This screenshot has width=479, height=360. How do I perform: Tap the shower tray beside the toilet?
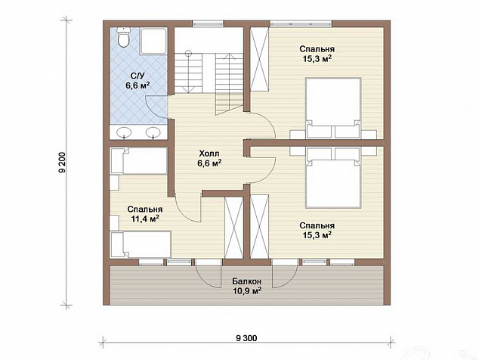coord(154,41)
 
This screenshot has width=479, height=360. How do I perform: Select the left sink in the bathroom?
coord(124,132)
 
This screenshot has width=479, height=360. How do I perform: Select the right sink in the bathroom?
coord(153,132)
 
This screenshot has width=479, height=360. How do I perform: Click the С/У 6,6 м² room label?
coord(138,80)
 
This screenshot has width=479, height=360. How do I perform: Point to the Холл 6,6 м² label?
coord(209,158)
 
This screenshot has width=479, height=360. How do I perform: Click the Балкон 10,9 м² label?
coord(246,286)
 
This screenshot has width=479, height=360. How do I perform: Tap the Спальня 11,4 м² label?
coord(145,214)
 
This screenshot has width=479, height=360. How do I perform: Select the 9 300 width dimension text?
coord(246,338)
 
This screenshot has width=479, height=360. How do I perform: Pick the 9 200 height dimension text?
coord(63,163)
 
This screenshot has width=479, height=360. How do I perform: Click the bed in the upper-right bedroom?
coord(333,108)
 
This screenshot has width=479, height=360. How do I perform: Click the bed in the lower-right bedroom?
coord(333,178)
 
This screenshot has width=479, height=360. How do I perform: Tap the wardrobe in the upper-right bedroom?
coord(259,59)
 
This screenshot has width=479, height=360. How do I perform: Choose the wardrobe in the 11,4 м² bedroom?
coord(233,227)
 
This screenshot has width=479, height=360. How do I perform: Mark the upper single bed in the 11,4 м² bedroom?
coord(139,161)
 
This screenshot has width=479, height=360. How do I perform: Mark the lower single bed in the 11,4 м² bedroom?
coord(141,244)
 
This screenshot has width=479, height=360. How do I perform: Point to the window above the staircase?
coord(208,23)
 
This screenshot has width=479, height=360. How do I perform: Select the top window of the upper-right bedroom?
coord(301,23)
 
